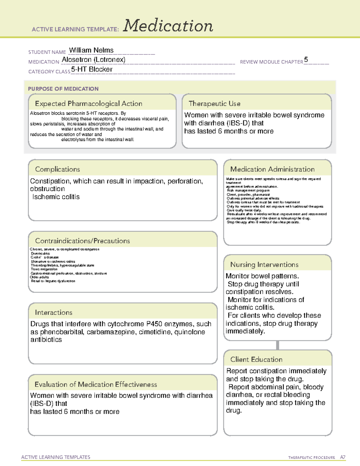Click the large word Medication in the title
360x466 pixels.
(168, 26)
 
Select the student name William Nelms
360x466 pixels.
(91, 50)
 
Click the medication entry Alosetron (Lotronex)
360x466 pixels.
(94, 60)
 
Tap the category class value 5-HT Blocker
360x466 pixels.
(92, 69)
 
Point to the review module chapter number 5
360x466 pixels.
(306, 59)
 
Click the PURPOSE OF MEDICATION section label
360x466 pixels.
(63, 89)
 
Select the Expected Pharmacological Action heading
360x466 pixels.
(88, 104)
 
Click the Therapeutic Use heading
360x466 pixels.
(214, 104)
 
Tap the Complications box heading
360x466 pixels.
(58, 169)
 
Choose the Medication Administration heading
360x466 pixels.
(272, 169)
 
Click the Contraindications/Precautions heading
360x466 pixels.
(82, 241)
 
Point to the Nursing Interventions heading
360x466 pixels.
(264, 264)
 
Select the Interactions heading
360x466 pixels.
(54, 312)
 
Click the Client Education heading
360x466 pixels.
(256, 359)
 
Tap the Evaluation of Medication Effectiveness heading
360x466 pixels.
(96, 384)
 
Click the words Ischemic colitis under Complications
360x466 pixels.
(56, 197)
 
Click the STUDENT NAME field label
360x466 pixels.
(47, 52)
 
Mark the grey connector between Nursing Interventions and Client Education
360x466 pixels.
(277, 345)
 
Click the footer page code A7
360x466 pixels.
(343, 457)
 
